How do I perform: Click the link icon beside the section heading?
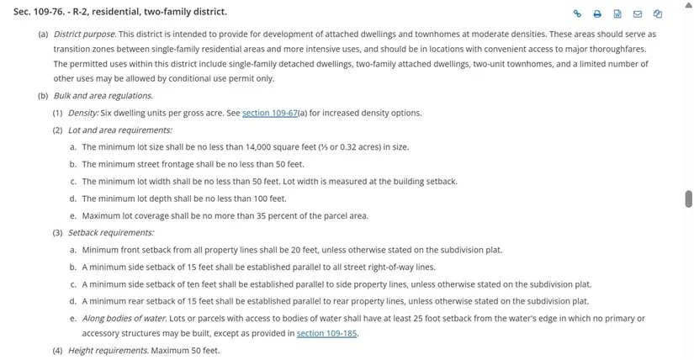pos(578,13)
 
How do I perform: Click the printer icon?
pos(597,13)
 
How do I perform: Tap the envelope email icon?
pos(638,13)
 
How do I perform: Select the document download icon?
pos(617,13)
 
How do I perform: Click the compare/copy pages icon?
pos(658,13)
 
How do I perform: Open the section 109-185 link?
pos(327,333)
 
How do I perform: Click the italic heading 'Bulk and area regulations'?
pos(103,96)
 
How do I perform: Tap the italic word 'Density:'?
pos(83,113)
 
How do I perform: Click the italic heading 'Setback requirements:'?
pos(110,232)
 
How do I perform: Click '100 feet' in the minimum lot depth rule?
pos(269,199)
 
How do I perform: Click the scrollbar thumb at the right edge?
pos(688,199)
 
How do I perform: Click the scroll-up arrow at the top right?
pos(688,4)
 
